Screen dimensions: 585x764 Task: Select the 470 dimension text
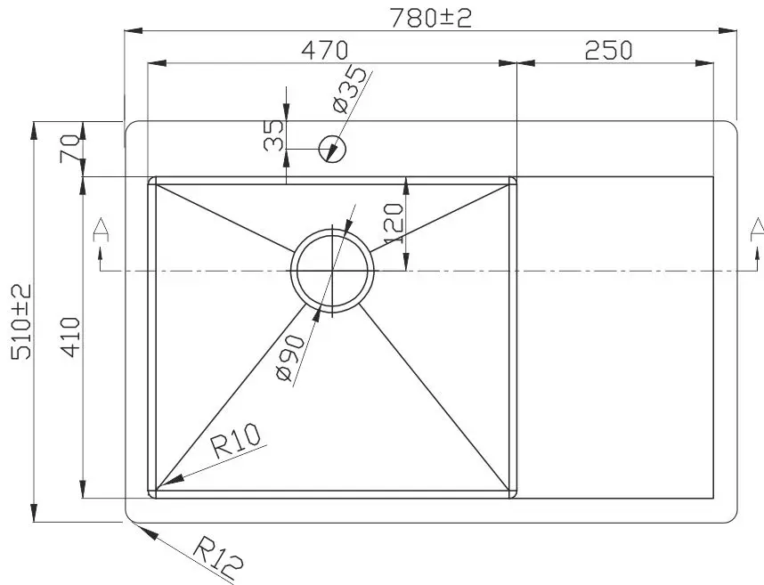click(323, 50)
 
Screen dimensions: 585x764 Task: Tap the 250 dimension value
click(608, 50)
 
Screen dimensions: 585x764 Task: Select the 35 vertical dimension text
click(273, 135)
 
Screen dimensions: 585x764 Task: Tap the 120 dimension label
click(394, 223)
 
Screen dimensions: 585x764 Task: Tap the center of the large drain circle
click(333, 268)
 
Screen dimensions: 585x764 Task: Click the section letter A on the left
click(101, 231)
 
